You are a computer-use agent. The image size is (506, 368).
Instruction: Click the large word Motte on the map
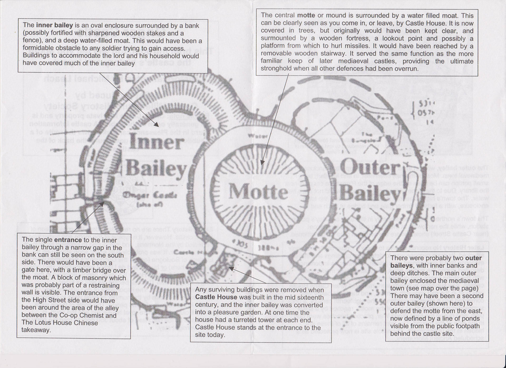pos(258,192)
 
